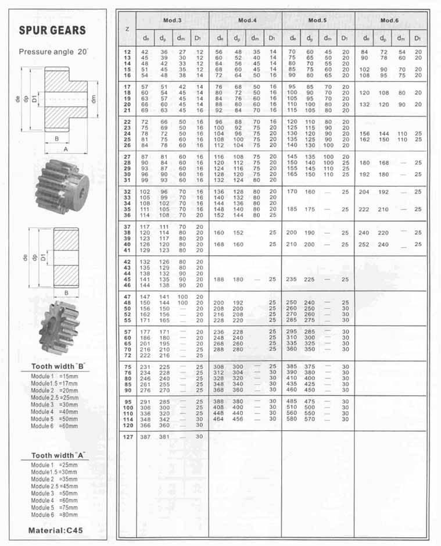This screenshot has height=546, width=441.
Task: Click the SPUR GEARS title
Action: point(52,30)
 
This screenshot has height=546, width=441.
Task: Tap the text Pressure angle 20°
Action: point(53,52)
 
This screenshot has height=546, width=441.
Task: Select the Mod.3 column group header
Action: point(172,20)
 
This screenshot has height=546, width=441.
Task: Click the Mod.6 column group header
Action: point(389,20)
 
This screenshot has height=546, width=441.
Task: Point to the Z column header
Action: point(127,28)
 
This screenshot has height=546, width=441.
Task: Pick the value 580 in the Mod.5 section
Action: point(291,419)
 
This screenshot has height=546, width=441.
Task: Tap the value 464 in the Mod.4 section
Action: point(218,419)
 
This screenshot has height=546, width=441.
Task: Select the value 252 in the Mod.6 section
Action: point(364,244)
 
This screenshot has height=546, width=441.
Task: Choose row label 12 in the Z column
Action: point(126,52)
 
